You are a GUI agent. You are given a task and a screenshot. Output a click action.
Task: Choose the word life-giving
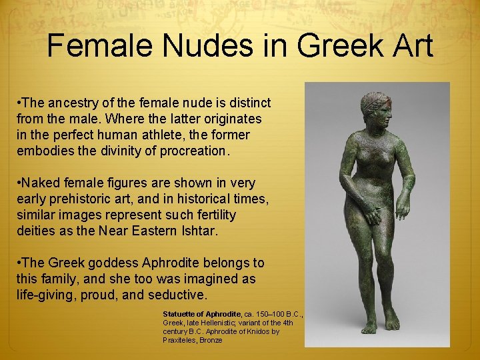[x=44, y=294]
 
